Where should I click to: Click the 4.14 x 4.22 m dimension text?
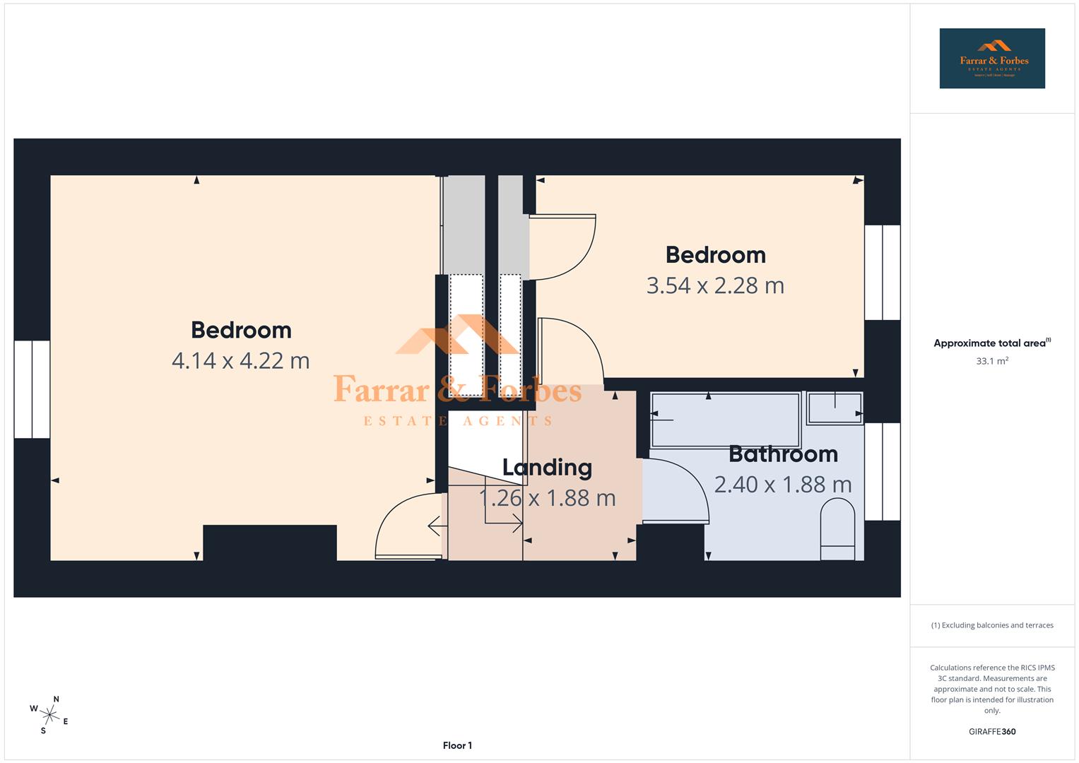(241, 361)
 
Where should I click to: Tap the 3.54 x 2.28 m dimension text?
(715, 285)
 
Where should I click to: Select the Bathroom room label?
(783, 454)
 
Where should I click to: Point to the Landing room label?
(547, 467)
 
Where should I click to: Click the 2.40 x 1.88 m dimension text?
(783, 485)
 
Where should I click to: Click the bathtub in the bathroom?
(725, 420)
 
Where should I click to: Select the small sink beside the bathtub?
(835, 408)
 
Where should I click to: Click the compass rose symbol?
(49, 715)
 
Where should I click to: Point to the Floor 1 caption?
(457, 745)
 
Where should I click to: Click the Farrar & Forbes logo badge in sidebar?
(992, 59)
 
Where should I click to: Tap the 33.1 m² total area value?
(992, 361)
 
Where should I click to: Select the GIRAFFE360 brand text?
(992, 732)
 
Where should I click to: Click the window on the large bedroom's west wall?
(32, 389)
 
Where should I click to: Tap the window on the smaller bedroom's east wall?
(883, 273)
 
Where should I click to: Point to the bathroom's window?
(883, 471)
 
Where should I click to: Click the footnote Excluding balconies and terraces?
(992, 625)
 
